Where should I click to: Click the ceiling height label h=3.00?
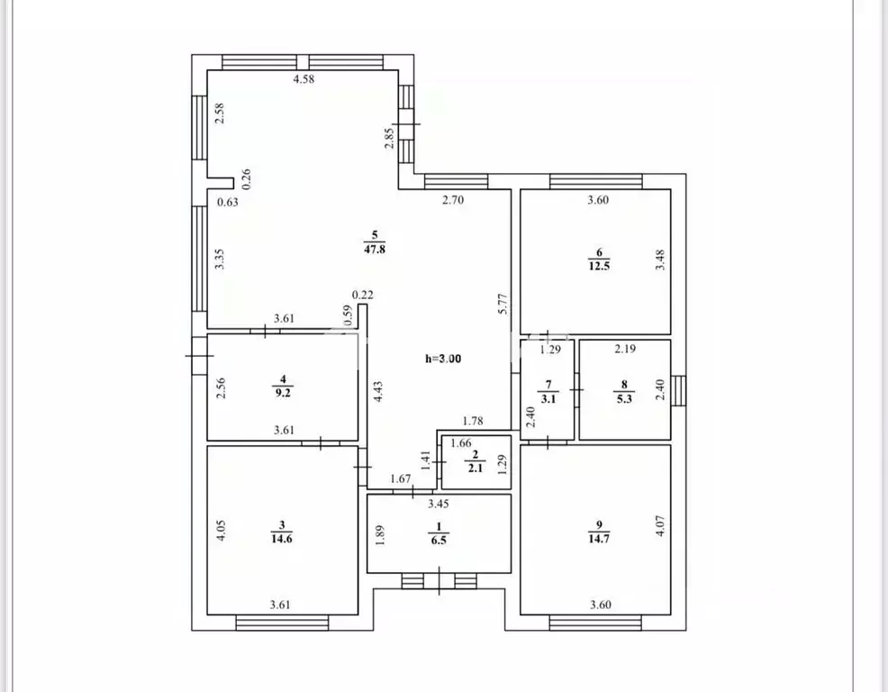[443, 359]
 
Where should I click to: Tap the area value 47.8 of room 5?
[375, 249]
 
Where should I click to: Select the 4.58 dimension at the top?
[304, 79]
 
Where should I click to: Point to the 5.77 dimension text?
[503, 304]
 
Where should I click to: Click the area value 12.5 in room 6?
[599, 266]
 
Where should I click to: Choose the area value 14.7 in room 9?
[599, 539]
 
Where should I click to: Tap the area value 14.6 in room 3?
[282, 539]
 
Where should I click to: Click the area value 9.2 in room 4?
[283, 392]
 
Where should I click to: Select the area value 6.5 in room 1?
[439, 540]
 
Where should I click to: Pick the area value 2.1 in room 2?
[476, 469]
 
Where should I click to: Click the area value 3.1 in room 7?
[548, 398]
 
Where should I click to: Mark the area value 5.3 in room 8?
[624, 398]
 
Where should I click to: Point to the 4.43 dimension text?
[378, 392]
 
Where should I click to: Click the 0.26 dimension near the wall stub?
[246, 179]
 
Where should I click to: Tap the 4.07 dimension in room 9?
[660, 526]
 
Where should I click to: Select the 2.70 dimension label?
[453, 199]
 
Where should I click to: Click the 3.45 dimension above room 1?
[439, 504]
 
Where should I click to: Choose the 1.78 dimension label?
[473, 421]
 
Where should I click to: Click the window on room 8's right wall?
[678, 391]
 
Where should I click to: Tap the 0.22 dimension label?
[362, 295]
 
